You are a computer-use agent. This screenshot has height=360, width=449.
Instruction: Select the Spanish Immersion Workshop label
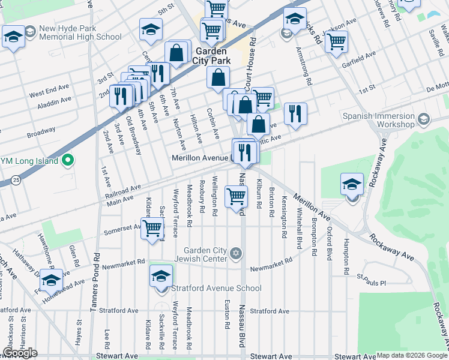click(x=378, y=119)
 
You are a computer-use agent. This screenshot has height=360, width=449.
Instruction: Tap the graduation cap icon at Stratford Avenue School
click(x=161, y=277)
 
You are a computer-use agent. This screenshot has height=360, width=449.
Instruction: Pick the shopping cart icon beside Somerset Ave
click(x=152, y=228)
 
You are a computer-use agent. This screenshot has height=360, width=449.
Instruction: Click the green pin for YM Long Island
click(x=68, y=161)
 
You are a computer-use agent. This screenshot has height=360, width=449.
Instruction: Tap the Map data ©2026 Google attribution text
click(x=412, y=355)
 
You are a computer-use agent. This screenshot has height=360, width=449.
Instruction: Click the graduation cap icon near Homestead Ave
click(x=52, y=280)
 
